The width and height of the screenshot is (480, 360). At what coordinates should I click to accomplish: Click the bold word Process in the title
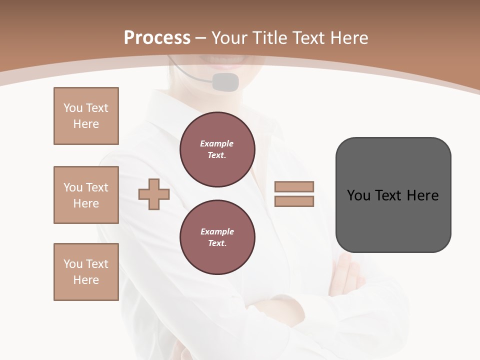click(x=157, y=38)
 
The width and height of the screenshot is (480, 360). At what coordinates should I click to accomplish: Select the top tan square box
click(x=86, y=116)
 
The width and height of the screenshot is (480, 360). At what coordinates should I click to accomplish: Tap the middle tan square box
click(x=86, y=195)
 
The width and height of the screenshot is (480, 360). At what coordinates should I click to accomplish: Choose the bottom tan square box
click(x=86, y=272)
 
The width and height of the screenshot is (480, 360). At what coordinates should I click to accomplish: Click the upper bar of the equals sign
click(x=294, y=187)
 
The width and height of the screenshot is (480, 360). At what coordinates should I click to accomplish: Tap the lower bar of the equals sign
click(x=294, y=201)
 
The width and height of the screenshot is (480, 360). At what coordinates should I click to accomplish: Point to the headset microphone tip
click(x=225, y=82)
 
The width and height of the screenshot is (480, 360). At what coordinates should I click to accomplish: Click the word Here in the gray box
click(x=422, y=195)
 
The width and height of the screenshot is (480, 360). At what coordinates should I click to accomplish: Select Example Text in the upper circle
click(x=217, y=149)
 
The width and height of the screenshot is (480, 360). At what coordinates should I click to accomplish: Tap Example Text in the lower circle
click(x=217, y=237)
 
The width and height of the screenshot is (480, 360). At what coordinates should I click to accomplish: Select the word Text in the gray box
click(x=389, y=195)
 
